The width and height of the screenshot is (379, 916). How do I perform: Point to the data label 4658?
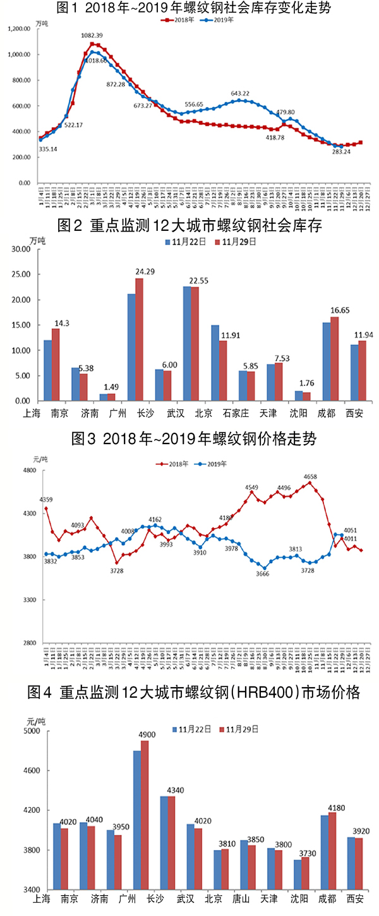coord(310,476)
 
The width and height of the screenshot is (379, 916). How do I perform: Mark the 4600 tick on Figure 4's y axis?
coord(25,771)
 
